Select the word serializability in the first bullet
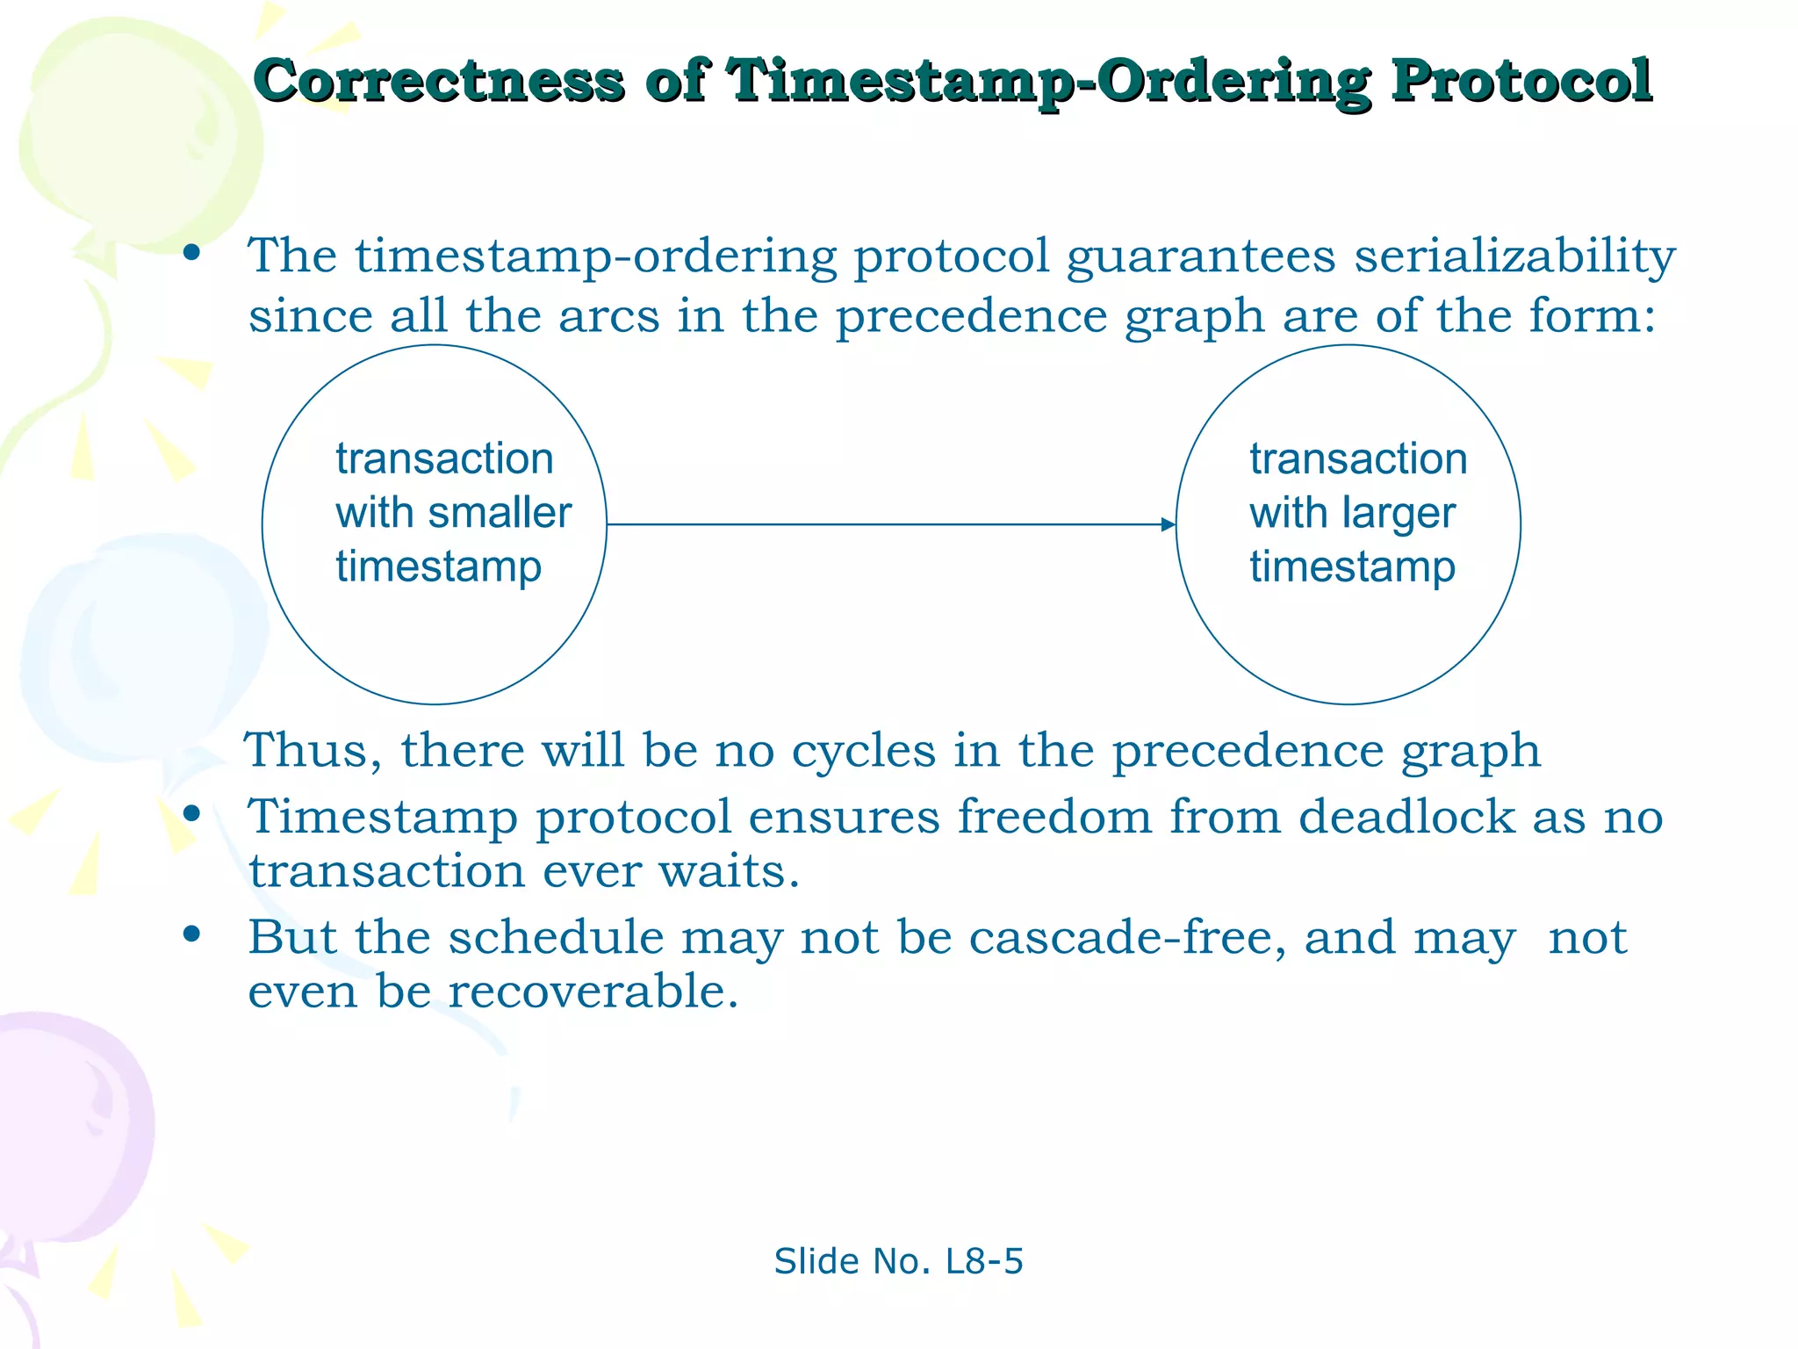1514,257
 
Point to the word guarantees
1200,257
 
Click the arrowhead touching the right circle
1168,525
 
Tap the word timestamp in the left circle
438,566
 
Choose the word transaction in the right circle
1358,459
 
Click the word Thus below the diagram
312,751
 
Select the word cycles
864,751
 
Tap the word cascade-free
1127,937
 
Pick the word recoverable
593,992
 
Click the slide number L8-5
984,1261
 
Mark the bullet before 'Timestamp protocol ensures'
191,813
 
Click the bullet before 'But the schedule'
191,934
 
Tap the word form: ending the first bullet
1592,316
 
